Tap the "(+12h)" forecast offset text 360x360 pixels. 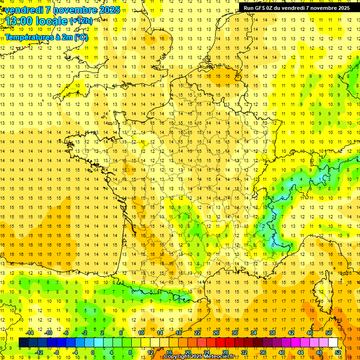click(x=81, y=21)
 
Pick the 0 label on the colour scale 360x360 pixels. click(x=93, y=352)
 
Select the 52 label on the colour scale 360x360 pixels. click(x=338, y=352)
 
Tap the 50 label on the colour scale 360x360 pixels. click(x=329, y=333)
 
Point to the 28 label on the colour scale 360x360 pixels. click(x=225, y=352)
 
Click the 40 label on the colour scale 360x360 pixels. click(x=282, y=352)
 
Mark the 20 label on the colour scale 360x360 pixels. click(x=187, y=352)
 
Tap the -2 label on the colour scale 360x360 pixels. click(x=84, y=333)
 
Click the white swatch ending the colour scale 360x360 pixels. click(x=333, y=342)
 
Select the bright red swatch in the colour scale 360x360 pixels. click(x=220, y=342)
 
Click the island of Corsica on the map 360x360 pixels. click(x=323, y=291)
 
